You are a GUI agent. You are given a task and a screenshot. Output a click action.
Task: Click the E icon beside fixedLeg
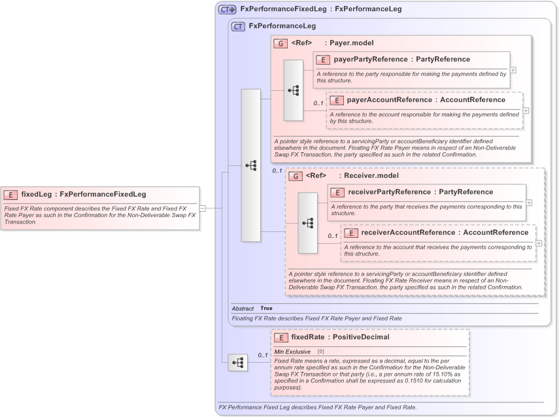(11, 194)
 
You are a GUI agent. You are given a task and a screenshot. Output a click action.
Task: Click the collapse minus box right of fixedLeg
(203, 208)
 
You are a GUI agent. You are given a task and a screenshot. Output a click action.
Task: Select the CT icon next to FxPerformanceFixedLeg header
(227, 9)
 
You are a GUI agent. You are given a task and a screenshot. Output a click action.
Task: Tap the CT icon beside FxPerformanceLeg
(239, 26)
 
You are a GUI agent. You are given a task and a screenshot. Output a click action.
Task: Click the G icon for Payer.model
(280, 43)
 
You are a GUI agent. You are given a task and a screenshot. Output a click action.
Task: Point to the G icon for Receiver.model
(295, 176)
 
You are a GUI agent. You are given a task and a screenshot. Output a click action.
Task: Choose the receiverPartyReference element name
(388, 192)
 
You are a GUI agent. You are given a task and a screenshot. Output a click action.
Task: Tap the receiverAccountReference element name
(401, 233)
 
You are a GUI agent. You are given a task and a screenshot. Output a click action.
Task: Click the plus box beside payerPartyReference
(513, 70)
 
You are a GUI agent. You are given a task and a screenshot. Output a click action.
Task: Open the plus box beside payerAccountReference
(526, 110)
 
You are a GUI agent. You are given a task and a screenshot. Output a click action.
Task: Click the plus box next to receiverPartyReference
(529, 203)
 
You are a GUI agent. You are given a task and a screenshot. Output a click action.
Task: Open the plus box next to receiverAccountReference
(539, 242)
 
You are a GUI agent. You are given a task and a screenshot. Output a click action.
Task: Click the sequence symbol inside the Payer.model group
(293, 90)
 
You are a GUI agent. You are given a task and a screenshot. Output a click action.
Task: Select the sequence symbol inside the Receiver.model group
(307, 223)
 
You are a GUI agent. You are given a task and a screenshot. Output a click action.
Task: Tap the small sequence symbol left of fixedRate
(237, 361)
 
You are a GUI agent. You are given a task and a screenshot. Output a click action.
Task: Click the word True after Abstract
(266, 308)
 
